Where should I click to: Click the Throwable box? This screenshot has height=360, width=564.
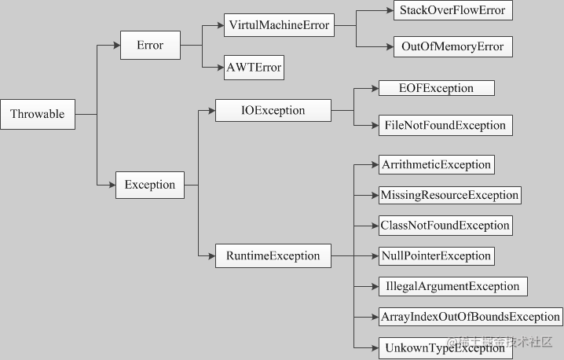click(x=38, y=115)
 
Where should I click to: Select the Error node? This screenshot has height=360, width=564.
click(x=150, y=46)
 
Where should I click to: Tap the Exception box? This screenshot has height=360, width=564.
click(x=150, y=186)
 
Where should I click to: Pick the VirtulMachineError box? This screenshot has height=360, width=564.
click(x=277, y=26)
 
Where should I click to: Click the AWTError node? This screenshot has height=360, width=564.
click(x=253, y=68)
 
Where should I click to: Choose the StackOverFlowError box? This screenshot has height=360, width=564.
click(x=453, y=11)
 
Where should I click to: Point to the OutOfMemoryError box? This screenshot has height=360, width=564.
click(x=453, y=46)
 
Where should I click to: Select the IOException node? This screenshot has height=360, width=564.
click(x=273, y=111)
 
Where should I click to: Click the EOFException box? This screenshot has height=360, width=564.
click(x=436, y=89)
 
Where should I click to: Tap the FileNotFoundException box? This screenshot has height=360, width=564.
click(x=444, y=125)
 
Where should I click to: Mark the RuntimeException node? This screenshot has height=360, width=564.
click(x=273, y=255)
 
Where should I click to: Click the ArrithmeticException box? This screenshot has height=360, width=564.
click(x=436, y=165)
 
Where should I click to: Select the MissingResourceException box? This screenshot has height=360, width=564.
click(x=449, y=195)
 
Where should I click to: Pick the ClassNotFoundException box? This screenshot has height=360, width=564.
click(x=445, y=226)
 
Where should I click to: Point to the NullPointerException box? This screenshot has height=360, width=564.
click(x=436, y=255)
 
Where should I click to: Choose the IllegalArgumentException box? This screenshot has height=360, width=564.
click(x=452, y=286)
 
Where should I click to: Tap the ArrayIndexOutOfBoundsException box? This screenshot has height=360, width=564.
click(x=470, y=317)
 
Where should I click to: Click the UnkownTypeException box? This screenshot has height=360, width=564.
click(x=444, y=347)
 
